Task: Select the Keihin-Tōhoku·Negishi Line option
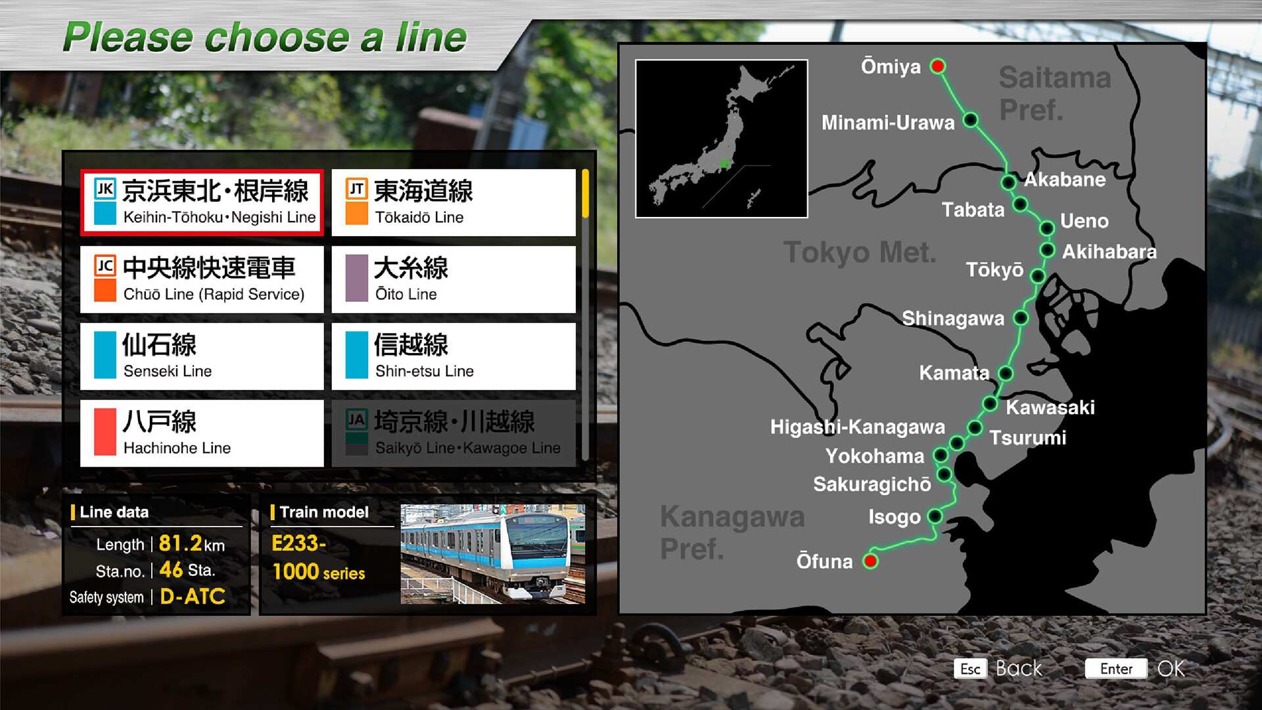[202, 202]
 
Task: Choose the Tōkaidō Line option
[454, 202]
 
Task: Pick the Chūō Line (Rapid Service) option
[202, 279]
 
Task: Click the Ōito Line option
[454, 279]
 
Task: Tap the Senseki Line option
[202, 356]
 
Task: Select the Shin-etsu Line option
[454, 356]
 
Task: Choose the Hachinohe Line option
[202, 433]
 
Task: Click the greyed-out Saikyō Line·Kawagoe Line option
[454, 433]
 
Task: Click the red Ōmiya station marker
[938, 66]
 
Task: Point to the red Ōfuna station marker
[871, 561]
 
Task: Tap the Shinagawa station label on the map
[952, 319]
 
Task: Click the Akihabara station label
[1109, 252]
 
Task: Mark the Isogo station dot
[935, 517]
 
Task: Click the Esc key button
[970, 669]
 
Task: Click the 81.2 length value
[180, 544]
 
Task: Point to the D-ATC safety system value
[193, 596]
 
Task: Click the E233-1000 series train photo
[492, 554]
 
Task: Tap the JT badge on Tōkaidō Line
[356, 189]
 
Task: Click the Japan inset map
[721, 139]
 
